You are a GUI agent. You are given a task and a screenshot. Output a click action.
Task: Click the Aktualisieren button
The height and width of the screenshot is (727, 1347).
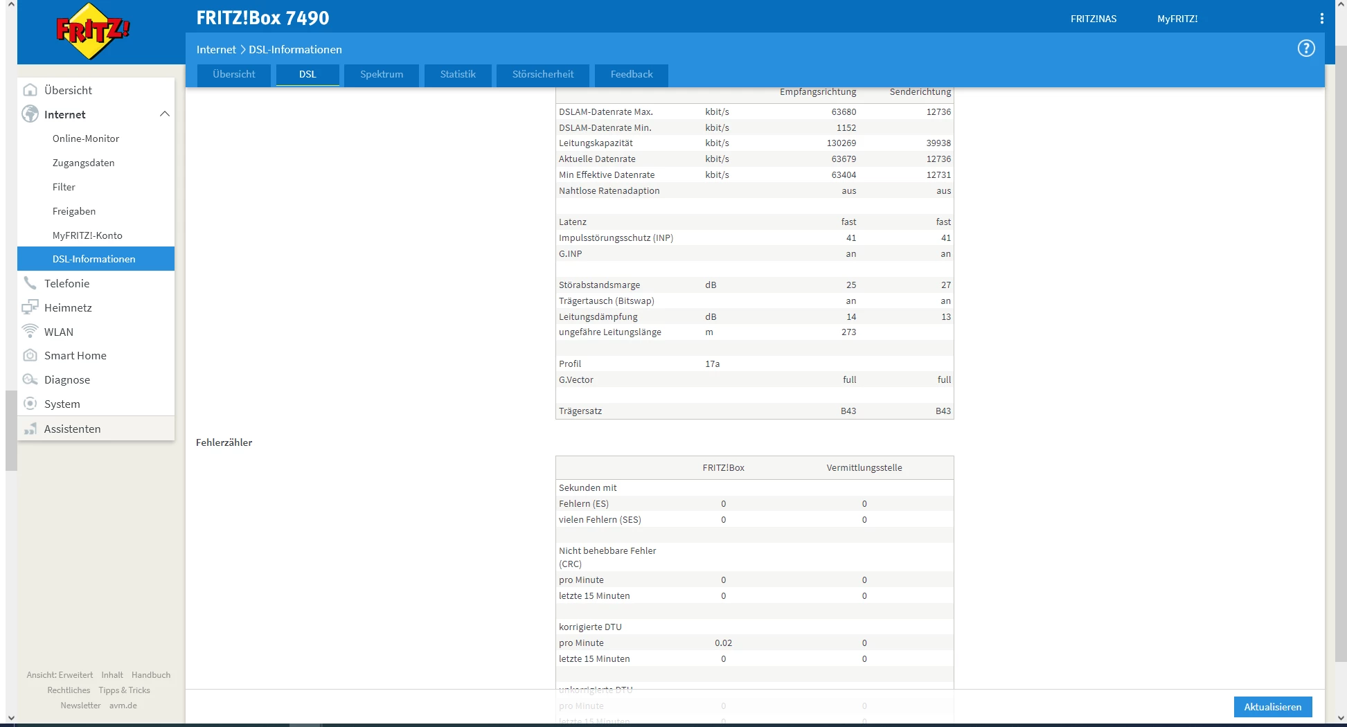tap(1272, 707)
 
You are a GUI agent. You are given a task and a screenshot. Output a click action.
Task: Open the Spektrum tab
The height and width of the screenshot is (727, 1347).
tap(382, 75)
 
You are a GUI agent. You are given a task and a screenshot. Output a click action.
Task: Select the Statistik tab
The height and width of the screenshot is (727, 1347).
tap(458, 75)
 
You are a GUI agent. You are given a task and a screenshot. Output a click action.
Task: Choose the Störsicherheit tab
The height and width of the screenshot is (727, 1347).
tap(543, 75)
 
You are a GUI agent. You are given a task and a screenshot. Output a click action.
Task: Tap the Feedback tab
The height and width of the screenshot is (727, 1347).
tap(632, 75)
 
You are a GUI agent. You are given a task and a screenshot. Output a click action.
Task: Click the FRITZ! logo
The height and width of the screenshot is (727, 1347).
tap(93, 31)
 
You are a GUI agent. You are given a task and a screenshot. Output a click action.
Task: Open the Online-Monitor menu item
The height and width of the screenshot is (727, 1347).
tap(86, 138)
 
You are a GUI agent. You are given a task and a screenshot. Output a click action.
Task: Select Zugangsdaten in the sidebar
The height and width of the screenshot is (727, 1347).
tap(84, 163)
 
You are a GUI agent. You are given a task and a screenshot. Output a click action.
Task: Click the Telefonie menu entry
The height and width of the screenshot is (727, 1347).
tap(67, 283)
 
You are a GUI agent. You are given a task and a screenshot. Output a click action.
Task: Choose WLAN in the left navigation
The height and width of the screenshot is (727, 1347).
tap(59, 332)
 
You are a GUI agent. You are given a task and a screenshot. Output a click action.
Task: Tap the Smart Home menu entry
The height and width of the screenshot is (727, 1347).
tap(75, 356)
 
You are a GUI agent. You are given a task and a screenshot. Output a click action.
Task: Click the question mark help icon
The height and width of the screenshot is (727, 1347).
tap(1305, 48)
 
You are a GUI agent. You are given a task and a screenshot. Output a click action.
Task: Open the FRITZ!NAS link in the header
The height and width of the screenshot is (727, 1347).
tap(1094, 19)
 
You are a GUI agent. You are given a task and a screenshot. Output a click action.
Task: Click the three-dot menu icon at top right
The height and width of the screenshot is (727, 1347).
tap(1321, 19)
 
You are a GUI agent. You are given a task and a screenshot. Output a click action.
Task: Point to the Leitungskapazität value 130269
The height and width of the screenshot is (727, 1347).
tap(841, 143)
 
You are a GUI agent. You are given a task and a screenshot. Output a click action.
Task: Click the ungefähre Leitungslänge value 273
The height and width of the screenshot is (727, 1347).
tap(848, 332)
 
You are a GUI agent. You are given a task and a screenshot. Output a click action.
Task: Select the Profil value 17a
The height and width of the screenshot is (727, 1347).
tap(713, 364)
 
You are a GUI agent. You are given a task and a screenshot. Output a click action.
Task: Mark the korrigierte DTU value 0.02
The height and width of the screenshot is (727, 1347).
tap(724, 643)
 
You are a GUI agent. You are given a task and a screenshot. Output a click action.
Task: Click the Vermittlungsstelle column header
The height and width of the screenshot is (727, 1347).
tap(864, 468)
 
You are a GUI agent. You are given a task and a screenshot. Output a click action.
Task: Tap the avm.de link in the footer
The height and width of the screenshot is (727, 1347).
tap(123, 706)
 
